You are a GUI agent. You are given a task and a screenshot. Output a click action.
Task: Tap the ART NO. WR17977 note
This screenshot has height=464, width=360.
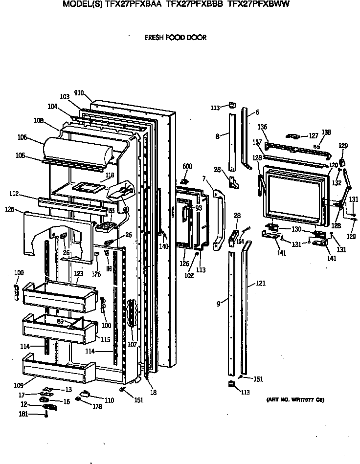coord(295,399)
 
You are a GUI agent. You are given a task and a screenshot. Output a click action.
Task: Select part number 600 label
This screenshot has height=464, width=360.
coord(187,166)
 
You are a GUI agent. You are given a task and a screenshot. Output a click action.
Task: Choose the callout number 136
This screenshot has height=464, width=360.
coord(263,127)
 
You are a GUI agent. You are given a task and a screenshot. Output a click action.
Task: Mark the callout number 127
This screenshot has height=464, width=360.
coord(313,136)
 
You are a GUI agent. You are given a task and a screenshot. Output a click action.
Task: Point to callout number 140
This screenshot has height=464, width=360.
coord(163,246)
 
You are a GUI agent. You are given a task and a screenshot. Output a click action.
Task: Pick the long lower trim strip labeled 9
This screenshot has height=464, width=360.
coord(232,313)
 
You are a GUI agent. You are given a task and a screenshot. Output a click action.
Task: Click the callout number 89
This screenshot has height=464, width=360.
coord(60,321)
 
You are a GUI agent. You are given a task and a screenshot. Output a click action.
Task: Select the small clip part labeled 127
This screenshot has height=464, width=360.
coord(295,136)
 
